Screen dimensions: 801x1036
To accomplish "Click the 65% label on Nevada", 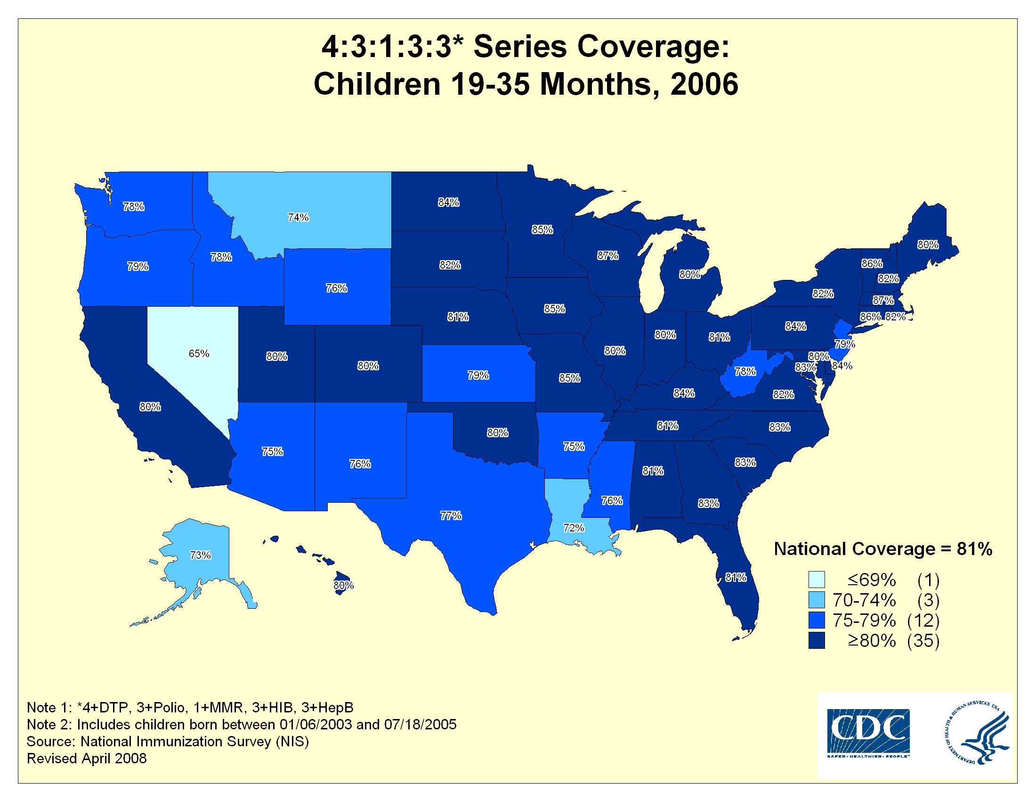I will (199, 353).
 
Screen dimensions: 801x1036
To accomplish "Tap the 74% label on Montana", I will (299, 217).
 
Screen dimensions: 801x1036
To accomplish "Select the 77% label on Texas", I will (451, 515).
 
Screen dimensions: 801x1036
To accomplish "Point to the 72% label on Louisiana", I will (574, 528).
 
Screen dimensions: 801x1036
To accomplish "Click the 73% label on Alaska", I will (200, 555).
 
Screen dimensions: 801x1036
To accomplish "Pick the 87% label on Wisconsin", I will (607, 256).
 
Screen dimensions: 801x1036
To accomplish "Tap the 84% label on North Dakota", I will (449, 203).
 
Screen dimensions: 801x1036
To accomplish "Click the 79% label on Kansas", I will (478, 376).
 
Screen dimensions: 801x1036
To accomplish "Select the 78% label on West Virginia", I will (745, 372).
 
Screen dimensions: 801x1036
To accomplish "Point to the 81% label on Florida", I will (736, 578).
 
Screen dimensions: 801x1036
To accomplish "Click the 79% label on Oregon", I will (138, 267).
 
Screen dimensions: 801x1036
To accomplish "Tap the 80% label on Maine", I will (928, 245).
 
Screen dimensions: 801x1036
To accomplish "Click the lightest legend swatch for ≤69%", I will (817, 580).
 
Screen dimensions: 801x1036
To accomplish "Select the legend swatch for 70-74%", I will (817, 600).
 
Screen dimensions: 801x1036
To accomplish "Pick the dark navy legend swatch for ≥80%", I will (817, 641).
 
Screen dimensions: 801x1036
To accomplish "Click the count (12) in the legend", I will (923, 621).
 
